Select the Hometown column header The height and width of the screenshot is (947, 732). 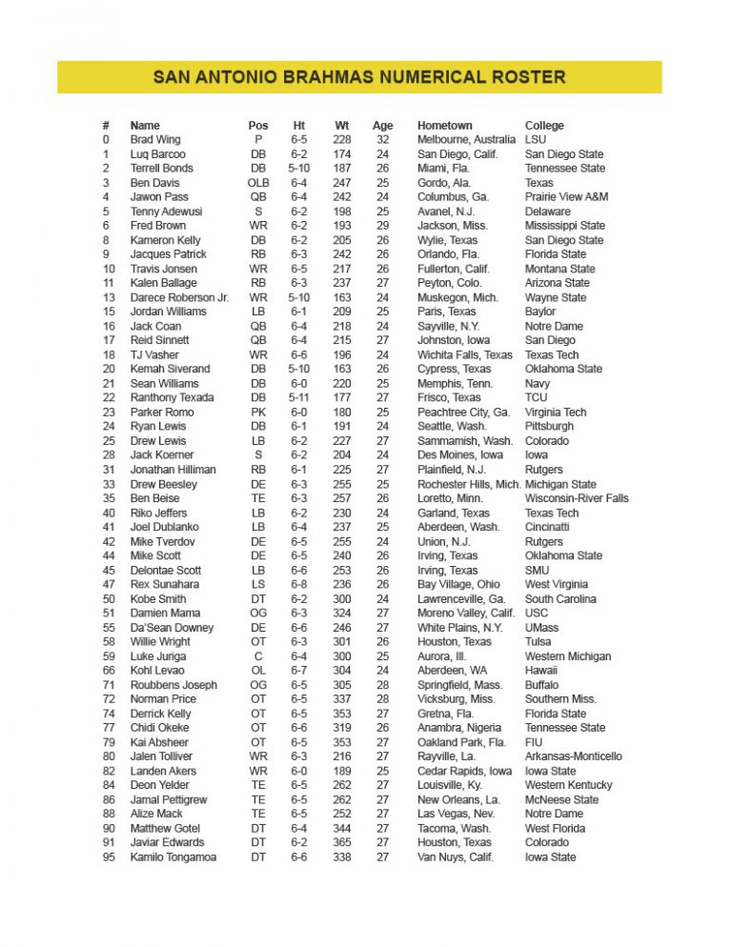pos(444,125)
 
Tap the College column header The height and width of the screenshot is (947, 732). pos(544,125)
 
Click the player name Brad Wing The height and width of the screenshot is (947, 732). pos(155,139)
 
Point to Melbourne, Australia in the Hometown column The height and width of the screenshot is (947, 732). pos(466,139)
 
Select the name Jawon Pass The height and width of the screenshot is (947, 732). pos(159,196)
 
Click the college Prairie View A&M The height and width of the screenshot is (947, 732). pos(566,196)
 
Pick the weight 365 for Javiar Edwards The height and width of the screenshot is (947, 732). pos(342,842)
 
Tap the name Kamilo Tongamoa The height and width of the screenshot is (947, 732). pos(173,856)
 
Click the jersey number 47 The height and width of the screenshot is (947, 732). pos(109,584)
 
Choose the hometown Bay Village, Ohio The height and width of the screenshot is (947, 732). pos(458,584)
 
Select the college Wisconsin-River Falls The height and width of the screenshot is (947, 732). pos(577,498)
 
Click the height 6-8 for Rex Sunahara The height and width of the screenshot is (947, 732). pos(299,584)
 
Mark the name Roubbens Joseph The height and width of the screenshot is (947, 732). pos(173,684)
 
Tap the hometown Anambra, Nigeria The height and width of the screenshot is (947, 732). pos(459,728)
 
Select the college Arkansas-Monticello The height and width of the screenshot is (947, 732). pos(573,756)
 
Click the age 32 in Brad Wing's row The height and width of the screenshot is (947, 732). pos(382,139)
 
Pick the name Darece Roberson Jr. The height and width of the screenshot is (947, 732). pos(179,297)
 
